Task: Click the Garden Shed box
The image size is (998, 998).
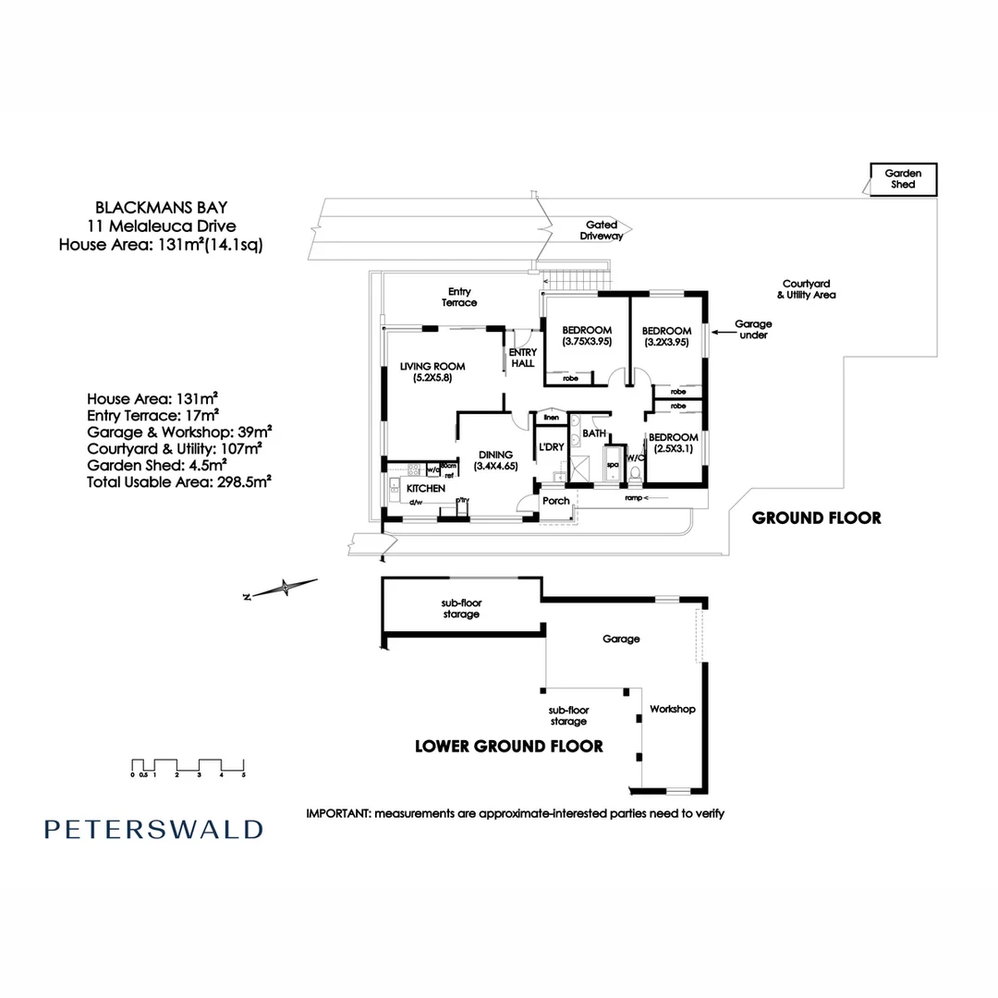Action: click(902, 178)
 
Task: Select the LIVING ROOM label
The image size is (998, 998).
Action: click(432, 371)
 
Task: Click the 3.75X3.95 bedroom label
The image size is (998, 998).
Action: click(587, 335)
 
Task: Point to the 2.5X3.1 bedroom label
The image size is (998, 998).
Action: click(672, 443)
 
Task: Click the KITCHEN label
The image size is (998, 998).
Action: click(425, 488)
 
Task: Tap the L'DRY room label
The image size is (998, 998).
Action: click(552, 447)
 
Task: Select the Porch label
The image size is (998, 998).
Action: click(556, 501)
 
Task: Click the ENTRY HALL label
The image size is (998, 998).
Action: click(522, 357)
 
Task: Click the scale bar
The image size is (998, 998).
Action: click(188, 766)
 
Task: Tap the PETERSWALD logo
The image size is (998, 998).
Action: click(153, 829)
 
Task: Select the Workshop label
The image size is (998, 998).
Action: click(672, 709)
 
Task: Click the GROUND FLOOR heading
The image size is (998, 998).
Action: click(816, 517)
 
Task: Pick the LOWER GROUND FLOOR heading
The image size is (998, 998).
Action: click(509, 746)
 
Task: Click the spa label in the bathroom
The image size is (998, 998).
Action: click(612, 466)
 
